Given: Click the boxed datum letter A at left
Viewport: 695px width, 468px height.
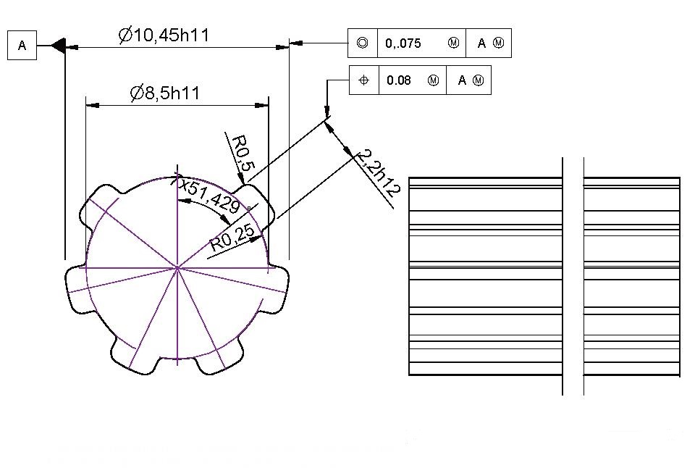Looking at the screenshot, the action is [22, 45].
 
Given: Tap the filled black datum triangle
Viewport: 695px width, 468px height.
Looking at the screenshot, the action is [59, 45].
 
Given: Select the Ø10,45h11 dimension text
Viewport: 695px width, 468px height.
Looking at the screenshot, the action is [164, 35].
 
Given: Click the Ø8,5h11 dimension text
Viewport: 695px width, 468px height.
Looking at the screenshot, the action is [165, 93].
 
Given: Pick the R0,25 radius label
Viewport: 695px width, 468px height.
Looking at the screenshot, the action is [232, 238].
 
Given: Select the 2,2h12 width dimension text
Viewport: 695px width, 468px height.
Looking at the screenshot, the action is [378, 172].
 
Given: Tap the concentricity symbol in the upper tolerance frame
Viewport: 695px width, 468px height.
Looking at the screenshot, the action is [362, 43].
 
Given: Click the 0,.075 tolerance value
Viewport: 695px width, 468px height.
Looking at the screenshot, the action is [403, 43].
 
